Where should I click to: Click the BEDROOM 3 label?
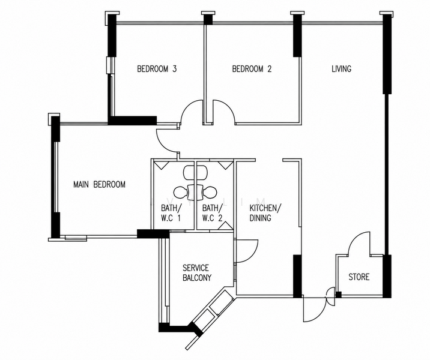(157, 68)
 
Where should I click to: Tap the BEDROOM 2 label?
(252, 68)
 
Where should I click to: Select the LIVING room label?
(342, 68)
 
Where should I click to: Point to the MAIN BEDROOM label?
(99, 184)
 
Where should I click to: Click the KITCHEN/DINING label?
(265, 212)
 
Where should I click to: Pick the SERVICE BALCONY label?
(197, 272)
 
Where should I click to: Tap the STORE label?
(359, 277)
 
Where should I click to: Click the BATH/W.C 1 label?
(171, 212)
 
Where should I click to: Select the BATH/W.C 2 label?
(212, 212)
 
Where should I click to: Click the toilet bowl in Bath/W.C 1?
(180, 193)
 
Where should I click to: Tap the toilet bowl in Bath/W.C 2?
(210, 193)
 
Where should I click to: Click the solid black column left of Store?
(297, 276)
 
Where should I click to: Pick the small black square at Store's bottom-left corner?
(339, 295)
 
